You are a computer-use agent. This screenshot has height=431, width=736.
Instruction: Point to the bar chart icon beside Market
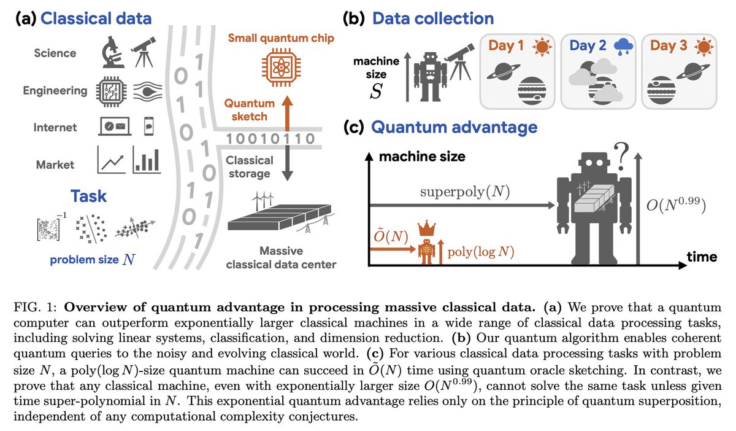coord(147,161)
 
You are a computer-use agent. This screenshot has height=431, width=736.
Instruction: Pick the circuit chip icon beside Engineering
coord(111,91)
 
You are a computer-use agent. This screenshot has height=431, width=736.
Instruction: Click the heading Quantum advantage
coord(454,128)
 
